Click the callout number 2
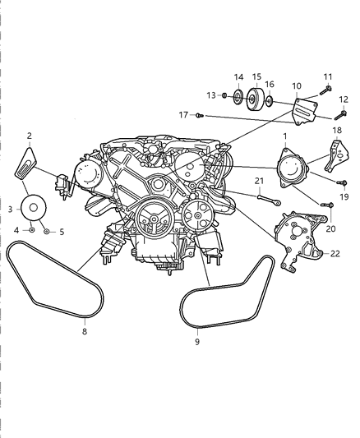[30, 136]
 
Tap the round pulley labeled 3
[35, 206]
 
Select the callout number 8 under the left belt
[84, 334]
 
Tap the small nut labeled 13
[224, 96]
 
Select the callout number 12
[345, 99]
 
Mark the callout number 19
[344, 196]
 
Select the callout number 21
[259, 181]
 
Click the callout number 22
[335, 254]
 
